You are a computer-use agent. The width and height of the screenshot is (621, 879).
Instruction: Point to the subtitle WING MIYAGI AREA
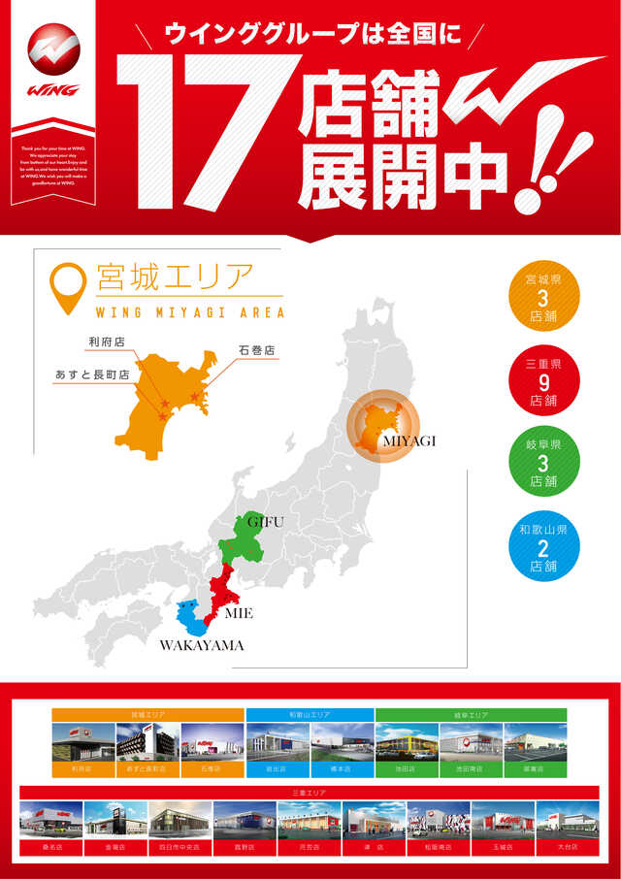tap(190, 312)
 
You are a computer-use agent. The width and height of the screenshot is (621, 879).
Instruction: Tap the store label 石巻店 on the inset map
tap(256, 349)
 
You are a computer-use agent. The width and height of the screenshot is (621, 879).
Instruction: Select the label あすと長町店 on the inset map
tap(92, 374)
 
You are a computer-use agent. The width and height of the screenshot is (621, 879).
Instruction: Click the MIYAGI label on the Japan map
tap(409, 440)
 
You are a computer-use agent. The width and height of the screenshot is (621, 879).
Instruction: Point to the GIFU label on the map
tap(265, 522)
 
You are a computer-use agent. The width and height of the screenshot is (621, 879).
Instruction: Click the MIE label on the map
tap(238, 614)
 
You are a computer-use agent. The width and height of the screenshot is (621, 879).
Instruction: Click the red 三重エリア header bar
tap(310, 792)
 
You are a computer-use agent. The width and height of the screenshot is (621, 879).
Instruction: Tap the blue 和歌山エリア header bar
tap(310, 714)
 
